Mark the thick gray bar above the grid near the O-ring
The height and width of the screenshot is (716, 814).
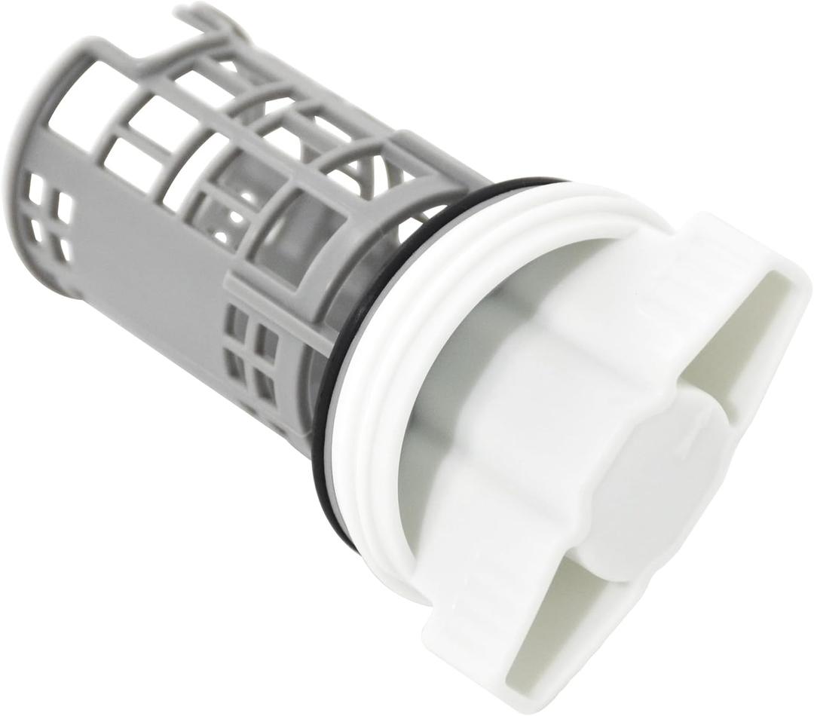click(x=286, y=301)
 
